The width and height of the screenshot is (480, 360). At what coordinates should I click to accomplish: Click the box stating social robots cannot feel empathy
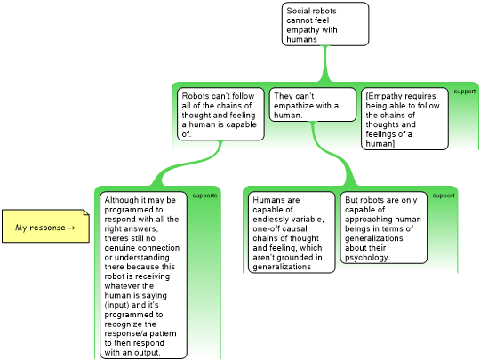coord(325,24)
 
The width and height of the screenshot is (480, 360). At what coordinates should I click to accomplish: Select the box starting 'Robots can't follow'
coord(220,114)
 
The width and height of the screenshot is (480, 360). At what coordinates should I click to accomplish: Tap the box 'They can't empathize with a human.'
coord(313,105)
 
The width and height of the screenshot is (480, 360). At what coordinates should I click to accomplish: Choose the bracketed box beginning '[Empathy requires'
coord(404,119)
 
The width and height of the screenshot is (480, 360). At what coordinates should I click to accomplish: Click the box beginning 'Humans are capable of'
coord(292,232)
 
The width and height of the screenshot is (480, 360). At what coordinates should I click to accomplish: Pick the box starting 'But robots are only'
coord(384,228)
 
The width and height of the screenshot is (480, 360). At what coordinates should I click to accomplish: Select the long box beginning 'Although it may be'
coord(143,276)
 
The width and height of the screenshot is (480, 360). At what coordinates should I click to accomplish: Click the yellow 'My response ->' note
coord(45,227)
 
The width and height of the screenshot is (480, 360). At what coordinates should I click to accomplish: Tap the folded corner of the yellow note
coord(86,212)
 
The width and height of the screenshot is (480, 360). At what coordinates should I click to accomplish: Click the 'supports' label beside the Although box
coord(204,196)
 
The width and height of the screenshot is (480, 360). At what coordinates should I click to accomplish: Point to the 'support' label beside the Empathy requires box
coord(464,92)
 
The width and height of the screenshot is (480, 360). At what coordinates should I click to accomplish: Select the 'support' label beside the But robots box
coord(444,196)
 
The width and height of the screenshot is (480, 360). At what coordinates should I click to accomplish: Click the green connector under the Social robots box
coord(325,64)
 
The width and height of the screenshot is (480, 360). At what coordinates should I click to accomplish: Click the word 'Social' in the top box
coord(297,11)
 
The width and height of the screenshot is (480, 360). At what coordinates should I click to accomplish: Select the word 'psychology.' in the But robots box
coord(368,258)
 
